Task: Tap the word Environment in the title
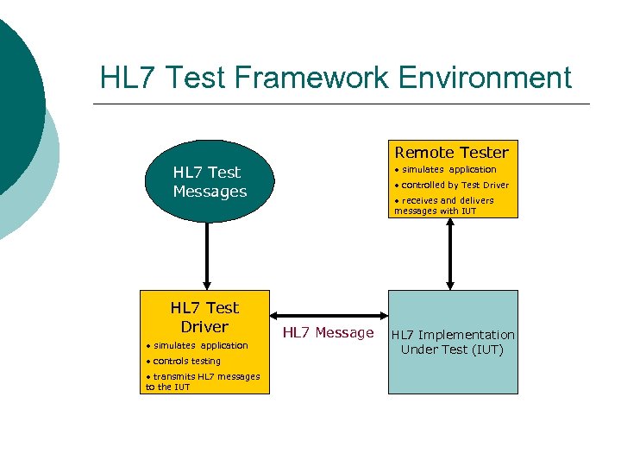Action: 486,78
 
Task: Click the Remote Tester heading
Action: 451,151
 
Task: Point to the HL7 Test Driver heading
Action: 204,317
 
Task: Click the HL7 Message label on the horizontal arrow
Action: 328,333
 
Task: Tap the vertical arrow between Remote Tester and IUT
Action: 449,254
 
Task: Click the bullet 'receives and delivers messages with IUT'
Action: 444,205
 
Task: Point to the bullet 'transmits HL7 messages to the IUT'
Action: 204,381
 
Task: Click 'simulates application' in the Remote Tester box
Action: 448,169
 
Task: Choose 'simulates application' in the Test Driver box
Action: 199,345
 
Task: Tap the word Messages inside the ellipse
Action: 210,192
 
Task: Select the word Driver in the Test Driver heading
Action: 204,327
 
